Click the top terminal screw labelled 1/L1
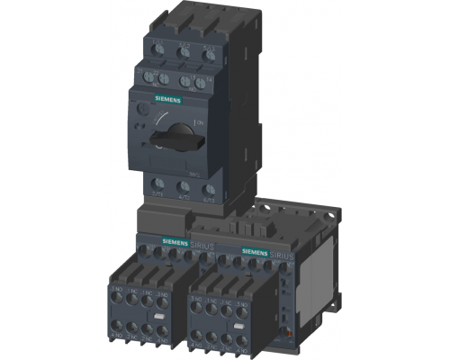pyautogui.click(x=159, y=51)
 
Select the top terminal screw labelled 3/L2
pyautogui.click(x=184, y=52)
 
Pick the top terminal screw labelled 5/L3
pyautogui.click(x=210, y=52)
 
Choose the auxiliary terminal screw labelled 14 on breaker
pyautogui.click(x=210, y=82)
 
